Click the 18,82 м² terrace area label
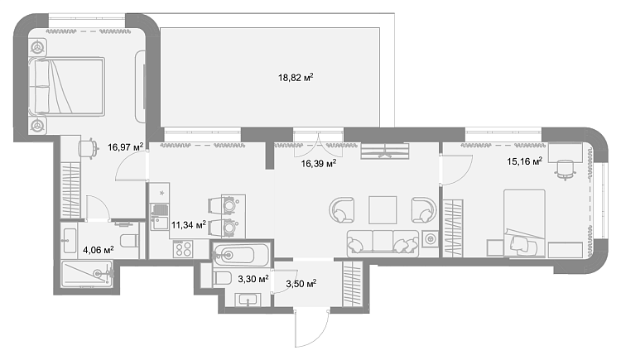coord(296,77)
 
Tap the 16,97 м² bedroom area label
coord(125,147)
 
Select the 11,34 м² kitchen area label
coord(189,225)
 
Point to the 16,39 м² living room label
coord(319,163)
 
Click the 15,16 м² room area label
coord(525,161)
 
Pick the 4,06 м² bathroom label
coord(99,250)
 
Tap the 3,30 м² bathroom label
coord(253,279)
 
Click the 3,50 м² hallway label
coord(301,284)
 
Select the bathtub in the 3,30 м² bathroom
coord(241,254)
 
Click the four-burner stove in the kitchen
coord(183,249)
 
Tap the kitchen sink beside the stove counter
coord(160,223)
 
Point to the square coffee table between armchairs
coord(383,210)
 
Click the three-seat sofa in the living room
coord(383,242)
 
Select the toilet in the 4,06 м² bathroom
coord(129,240)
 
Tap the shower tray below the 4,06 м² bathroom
coord(88,273)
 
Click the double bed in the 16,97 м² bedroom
coord(66,87)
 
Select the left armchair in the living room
coord(341,210)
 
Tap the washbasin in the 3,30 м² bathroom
coord(248,300)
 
